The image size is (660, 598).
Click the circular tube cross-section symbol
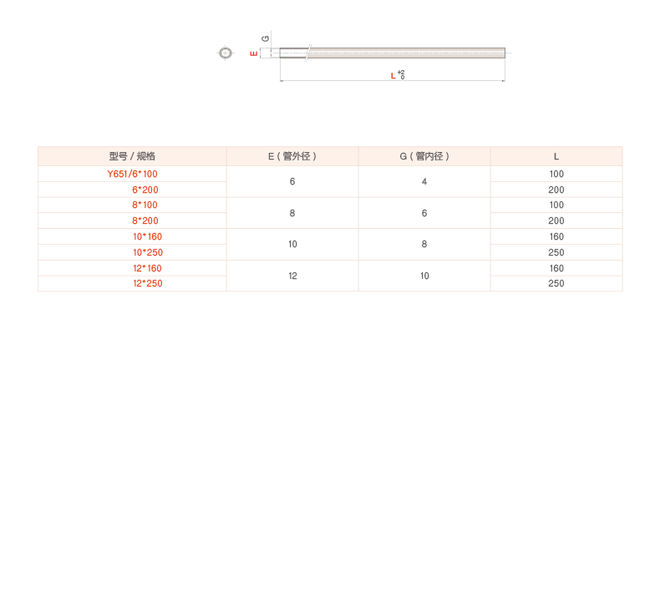click(x=226, y=53)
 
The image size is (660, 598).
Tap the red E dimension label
click(x=254, y=53)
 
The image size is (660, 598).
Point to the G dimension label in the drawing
click(x=265, y=38)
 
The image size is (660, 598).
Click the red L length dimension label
click(x=393, y=76)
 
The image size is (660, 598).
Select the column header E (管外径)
click(x=292, y=156)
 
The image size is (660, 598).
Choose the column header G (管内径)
click(x=424, y=156)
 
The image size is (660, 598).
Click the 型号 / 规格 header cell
click(x=132, y=156)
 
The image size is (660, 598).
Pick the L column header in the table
click(x=556, y=157)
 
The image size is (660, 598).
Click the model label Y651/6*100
click(x=132, y=174)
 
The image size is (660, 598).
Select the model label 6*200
click(x=145, y=190)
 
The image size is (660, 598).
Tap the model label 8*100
click(x=145, y=205)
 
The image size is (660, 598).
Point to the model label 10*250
click(x=148, y=252)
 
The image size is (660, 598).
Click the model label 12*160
click(x=147, y=268)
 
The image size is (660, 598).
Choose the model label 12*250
click(x=148, y=284)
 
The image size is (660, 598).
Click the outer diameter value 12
click(x=292, y=276)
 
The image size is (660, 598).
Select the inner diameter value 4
click(x=424, y=182)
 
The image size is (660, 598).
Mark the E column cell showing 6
click(x=292, y=182)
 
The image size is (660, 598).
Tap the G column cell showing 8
click(x=424, y=244)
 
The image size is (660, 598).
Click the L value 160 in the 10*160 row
click(x=556, y=237)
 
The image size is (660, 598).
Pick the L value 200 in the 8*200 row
click(x=556, y=221)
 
